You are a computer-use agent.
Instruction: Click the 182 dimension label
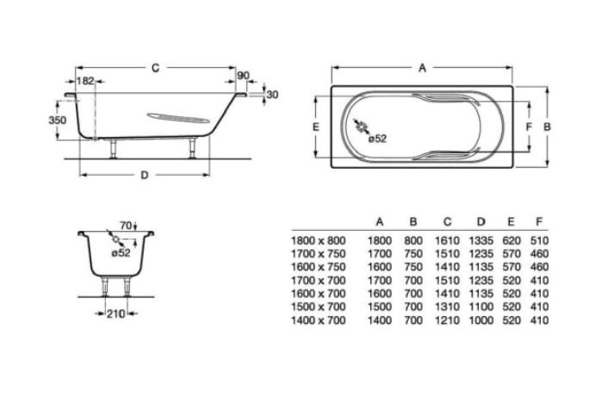click(85, 81)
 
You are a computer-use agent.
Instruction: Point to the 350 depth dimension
click(58, 120)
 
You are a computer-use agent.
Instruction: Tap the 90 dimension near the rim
click(243, 76)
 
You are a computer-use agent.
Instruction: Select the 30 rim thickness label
click(273, 95)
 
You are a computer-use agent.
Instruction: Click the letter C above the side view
click(155, 68)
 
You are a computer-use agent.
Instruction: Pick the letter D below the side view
click(145, 175)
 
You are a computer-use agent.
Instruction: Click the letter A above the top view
click(423, 68)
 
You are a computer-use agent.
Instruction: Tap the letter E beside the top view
click(316, 127)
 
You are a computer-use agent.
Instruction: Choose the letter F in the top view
click(529, 127)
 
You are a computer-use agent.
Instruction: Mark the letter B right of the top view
click(547, 127)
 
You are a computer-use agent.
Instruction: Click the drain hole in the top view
click(362, 127)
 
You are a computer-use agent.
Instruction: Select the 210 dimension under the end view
click(115, 314)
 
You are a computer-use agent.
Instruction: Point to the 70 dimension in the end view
click(126, 225)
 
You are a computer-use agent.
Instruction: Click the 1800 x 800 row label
click(319, 241)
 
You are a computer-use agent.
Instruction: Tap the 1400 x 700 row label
click(319, 320)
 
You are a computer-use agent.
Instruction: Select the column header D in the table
click(481, 221)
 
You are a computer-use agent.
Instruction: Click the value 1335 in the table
click(481, 241)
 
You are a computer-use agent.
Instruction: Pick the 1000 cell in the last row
click(481, 320)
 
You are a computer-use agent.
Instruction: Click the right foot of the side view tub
click(192, 148)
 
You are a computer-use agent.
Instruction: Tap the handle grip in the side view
click(178, 118)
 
